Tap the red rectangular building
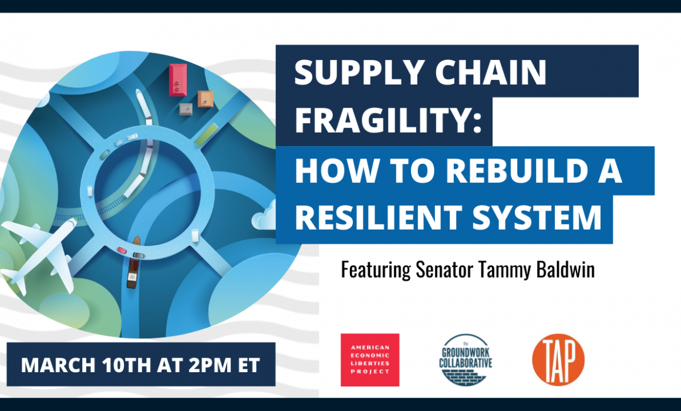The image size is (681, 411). (178, 80)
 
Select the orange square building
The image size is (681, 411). (205, 99)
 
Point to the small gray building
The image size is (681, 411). (186, 109)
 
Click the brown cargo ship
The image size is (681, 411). (134, 263)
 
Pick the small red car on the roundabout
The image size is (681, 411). (122, 250)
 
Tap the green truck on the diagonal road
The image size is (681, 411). (206, 134)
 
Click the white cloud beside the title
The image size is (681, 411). (264, 216)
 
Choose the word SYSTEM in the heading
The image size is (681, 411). (537, 217)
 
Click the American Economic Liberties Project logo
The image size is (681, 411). (370, 360)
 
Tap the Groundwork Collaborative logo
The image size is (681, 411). (466, 360)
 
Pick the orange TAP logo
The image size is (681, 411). (558, 360)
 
